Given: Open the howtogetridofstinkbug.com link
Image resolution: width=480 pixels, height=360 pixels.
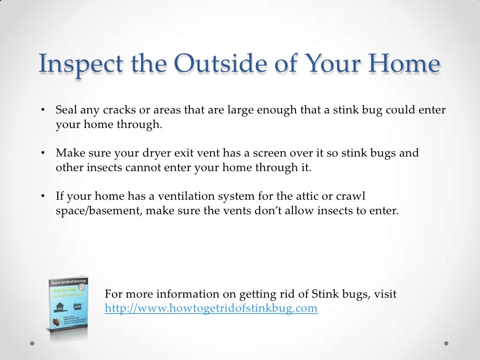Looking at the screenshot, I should (x=211, y=308).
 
